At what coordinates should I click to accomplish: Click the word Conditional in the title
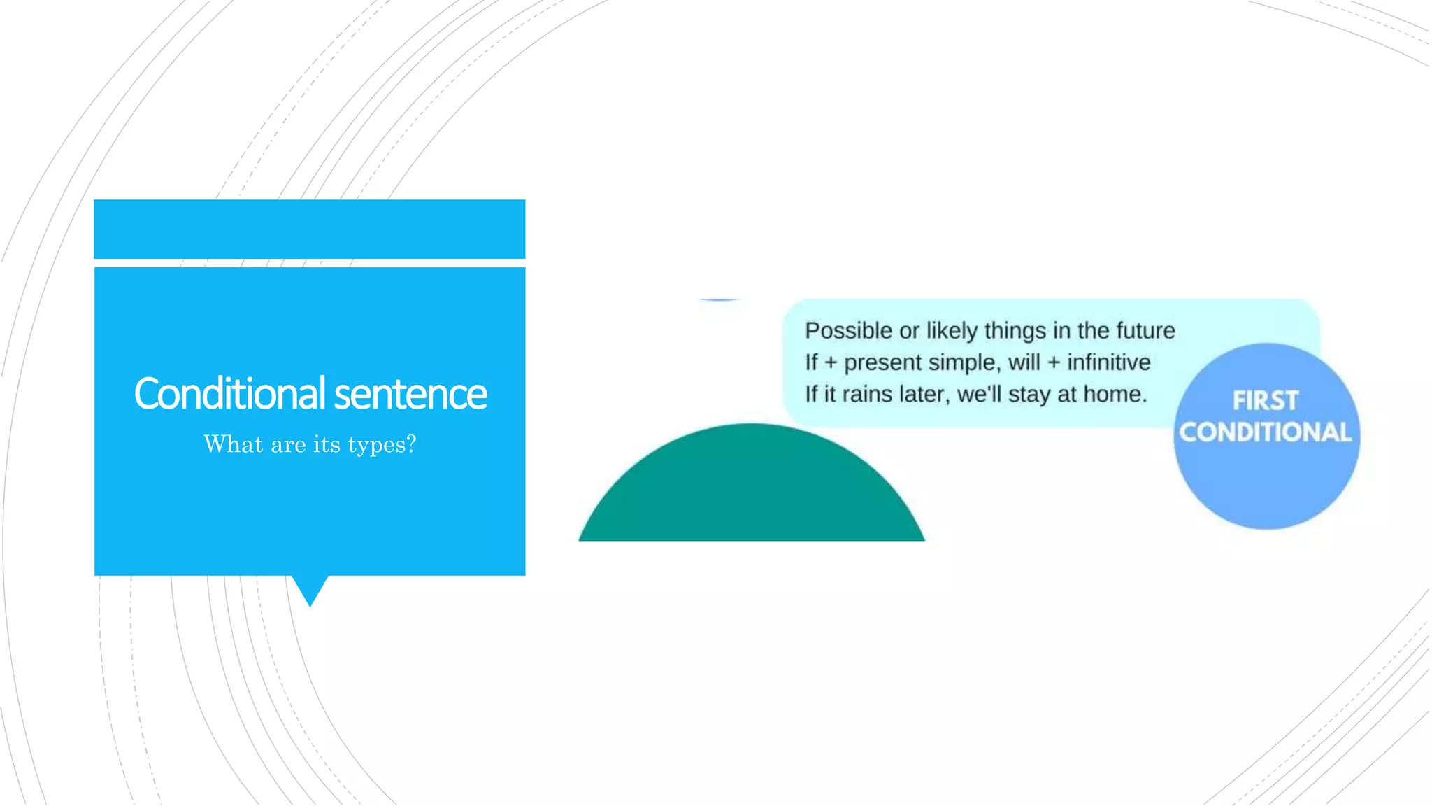[229, 393]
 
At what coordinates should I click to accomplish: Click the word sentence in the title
[410, 395]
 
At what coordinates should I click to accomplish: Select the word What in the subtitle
[234, 444]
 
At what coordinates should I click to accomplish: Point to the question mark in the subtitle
[411, 444]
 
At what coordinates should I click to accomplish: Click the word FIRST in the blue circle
[1265, 401]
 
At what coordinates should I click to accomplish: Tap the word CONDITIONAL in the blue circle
[1265, 432]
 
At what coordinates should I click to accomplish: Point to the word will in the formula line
[1024, 362]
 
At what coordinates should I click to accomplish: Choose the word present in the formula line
[882, 363]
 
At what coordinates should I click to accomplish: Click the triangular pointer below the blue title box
[310, 588]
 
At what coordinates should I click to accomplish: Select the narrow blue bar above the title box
[309, 229]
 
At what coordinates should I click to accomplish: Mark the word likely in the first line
[952, 330]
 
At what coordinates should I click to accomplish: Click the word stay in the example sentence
[1029, 395]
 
